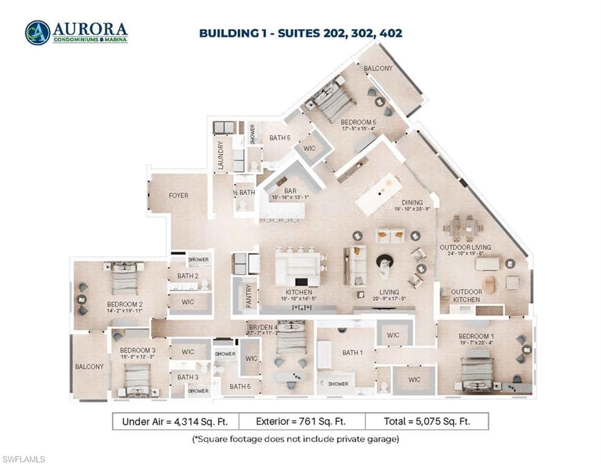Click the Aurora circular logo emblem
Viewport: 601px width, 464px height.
coord(37,33)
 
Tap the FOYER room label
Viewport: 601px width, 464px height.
coord(178,196)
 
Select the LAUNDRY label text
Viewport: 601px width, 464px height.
coord(221,155)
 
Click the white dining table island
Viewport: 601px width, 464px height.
coord(378,194)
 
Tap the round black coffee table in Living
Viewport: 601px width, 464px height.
coord(385,261)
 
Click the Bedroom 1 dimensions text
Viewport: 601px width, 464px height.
coord(477,343)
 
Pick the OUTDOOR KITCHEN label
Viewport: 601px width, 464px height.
coord(466,295)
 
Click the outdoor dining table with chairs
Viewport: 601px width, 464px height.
coord(463,228)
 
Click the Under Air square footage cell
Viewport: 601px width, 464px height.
coord(175,421)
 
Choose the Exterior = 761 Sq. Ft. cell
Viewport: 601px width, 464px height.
coord(301,421)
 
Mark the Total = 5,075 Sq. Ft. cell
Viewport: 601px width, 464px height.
coord(426,421)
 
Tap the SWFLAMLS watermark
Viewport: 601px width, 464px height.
coord(24,460)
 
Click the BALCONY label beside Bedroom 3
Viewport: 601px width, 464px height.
coord(89,367)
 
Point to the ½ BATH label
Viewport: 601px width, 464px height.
coord(244,193)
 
